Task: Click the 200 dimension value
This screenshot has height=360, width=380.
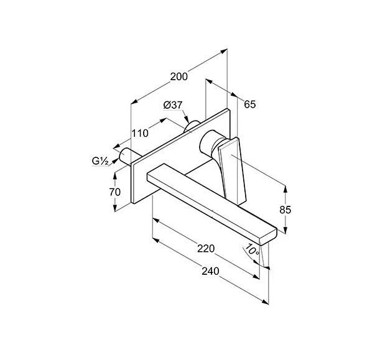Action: pyautogui.click(x=179, y=76)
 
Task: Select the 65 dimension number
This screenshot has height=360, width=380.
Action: pyautogui.click(x=250, y=104)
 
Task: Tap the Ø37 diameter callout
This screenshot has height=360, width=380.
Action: pyautogui.click(x=172, y=105)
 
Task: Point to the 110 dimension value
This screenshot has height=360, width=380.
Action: pyautogui.click(x=140, y=133)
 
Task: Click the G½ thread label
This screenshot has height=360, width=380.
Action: pyautogui.click(x=100, y=161)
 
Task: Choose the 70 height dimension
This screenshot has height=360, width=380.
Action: pyautogui.click(x=115, y=192)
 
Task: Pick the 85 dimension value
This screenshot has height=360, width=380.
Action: pyautogui.click(x=285, y=210)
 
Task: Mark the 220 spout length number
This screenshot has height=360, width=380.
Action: pyautogui.click(x=206, y=249)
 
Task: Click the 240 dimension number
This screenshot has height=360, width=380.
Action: pyautogui.click(x=210, y=271)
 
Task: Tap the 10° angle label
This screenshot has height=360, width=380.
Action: pyautogui.click(x=252, y=249)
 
